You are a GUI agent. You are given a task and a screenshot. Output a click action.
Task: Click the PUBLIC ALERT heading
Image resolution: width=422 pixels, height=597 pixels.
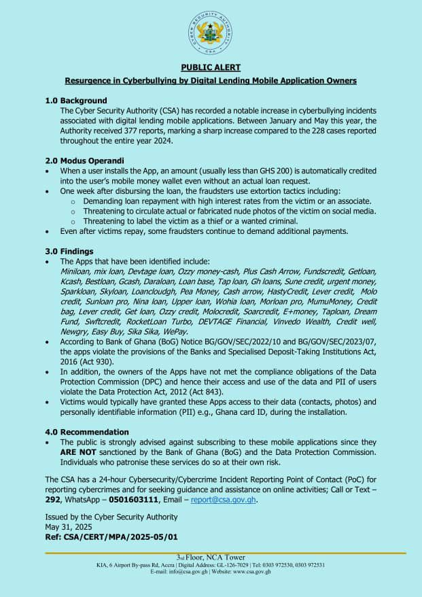[x=211, y=67]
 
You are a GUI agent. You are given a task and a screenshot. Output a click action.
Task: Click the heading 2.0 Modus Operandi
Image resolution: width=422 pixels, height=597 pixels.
[x=84, y=160]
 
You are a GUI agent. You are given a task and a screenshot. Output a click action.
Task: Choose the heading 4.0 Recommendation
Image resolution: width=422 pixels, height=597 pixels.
[x=87, y=432]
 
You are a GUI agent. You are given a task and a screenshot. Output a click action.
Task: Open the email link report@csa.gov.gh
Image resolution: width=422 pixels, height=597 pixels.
[x=224, y=500]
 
